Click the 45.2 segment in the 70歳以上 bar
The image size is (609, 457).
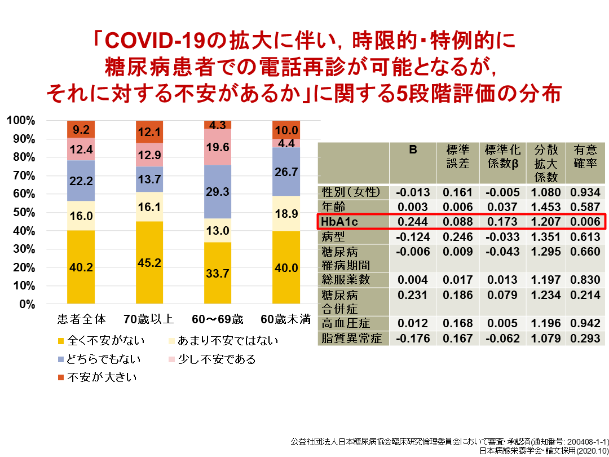coord(149,262)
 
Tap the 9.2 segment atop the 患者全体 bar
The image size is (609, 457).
coord(81,130)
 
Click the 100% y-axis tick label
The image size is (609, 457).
coord(21,121)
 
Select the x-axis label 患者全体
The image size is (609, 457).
coord(81,319)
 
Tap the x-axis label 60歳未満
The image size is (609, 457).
coord(286,319)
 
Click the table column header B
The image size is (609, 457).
coord(413,150)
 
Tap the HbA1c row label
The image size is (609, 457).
coord(338,221)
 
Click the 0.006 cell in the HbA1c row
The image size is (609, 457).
coord(585,221)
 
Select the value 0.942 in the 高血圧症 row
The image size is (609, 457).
coord(585,323)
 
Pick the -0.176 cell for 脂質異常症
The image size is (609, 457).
coord(413,339)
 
